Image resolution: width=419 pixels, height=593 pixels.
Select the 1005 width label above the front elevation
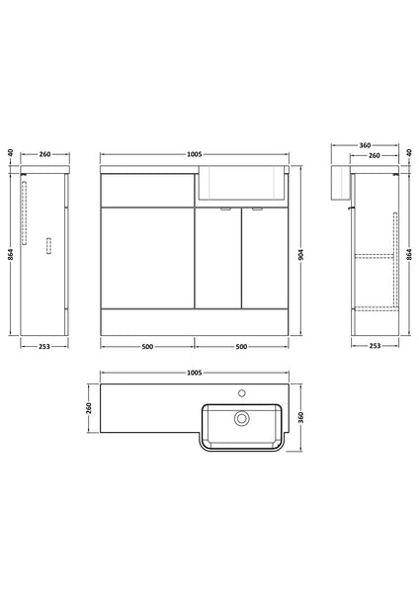pos(195,154)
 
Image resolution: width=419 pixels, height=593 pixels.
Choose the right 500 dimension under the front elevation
pos(242,347)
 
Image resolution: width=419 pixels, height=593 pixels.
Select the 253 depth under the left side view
pos(43,347)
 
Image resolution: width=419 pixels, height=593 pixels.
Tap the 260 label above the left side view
pos(44,154)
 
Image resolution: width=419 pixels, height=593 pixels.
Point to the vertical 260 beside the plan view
pos(88,408)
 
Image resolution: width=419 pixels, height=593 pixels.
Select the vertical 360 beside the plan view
pos(301,418)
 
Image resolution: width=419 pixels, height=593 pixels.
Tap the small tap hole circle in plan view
pos(240,392)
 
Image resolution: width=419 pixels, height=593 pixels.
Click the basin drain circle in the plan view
pos(240,419)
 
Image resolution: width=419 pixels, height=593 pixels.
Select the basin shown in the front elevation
pos(242,180)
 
